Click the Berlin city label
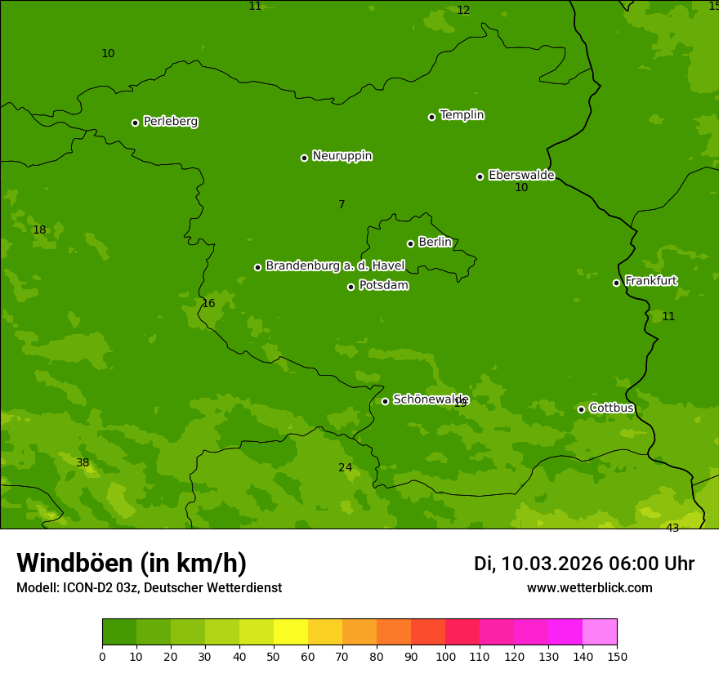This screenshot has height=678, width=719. tap(435, 243)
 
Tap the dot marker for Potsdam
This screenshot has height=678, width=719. tap(351, 287)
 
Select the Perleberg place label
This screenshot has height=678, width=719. tap(170, 122)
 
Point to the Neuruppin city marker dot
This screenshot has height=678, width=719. tap(305, 158)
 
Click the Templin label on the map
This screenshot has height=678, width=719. tap(462, 115)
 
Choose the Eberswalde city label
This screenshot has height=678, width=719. tap(521, 176)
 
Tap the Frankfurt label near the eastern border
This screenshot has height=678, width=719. tap(650, 281)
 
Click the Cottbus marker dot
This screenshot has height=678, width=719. tap(582, 409)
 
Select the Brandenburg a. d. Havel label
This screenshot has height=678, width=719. tap(335, 266)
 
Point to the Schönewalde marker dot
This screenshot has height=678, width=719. tap(386, 401)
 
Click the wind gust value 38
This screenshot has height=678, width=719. tap(83, 463)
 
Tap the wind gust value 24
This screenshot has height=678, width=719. tap(346, 468)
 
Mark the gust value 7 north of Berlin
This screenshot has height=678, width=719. tap(342, 205)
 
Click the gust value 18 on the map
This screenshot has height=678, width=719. tap(39, 230)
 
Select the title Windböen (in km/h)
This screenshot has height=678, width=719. tap(132, 563)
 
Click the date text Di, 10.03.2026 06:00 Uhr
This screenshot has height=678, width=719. tap(584, 564)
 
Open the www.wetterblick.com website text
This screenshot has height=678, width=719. tap(589, 588)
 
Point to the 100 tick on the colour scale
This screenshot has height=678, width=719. tap(445, 656)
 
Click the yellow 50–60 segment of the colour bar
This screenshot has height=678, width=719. tap(291, 632)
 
